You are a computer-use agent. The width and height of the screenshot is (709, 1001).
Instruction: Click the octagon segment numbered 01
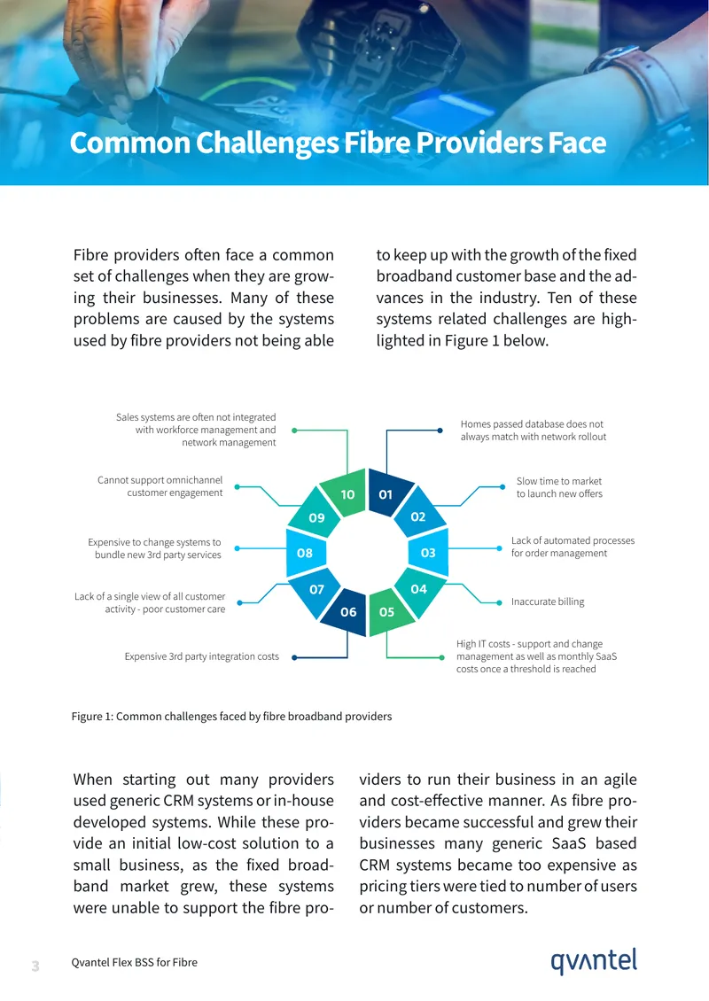tap(386, 493)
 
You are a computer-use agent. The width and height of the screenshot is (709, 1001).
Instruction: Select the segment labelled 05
tap(387, 611)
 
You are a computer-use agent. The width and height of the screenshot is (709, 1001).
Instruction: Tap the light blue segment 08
tap(306, 552)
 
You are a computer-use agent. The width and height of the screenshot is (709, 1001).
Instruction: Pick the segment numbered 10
tap(347, 493)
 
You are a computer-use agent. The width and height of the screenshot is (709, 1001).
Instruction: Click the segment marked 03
tap(429, 552)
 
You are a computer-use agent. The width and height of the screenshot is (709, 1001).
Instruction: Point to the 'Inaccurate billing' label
tap(548, 601)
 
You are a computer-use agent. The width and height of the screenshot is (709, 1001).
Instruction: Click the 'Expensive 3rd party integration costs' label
tap(202, 656)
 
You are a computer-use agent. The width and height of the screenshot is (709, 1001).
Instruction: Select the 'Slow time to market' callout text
tap(559, 487)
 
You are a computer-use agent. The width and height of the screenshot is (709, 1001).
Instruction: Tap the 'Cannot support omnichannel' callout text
tap(160, 486)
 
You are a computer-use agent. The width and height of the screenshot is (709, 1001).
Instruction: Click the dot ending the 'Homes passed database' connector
tap(440, 431)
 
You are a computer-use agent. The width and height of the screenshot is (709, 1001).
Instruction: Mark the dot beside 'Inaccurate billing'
tap(500, 602)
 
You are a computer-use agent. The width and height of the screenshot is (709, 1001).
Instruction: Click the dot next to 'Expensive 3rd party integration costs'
tap(294, 657)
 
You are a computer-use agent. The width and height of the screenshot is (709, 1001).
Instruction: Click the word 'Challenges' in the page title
tap(268, 144)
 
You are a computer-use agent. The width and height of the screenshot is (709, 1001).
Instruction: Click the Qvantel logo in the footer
tap(594, 961)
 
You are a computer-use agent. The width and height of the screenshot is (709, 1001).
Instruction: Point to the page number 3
tap(35, 966)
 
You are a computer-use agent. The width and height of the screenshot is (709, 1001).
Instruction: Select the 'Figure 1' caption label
tap(93, 717)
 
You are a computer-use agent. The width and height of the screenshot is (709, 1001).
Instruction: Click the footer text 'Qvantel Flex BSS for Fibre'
tap(134, 962)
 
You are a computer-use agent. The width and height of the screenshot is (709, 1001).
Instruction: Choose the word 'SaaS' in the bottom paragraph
tap(568, 843)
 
